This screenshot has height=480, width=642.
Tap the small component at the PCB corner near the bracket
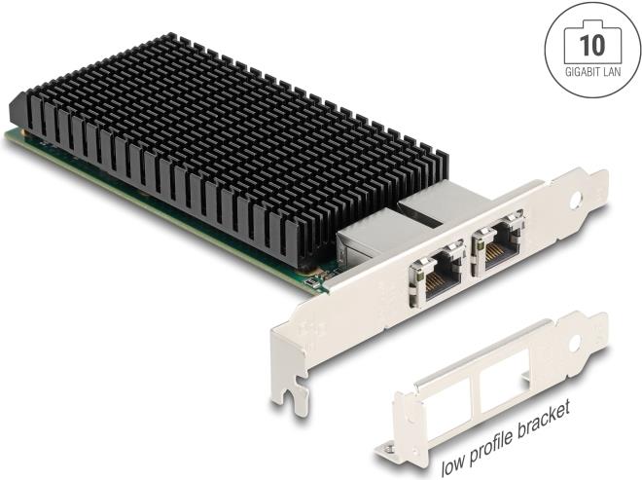point(311,283)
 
